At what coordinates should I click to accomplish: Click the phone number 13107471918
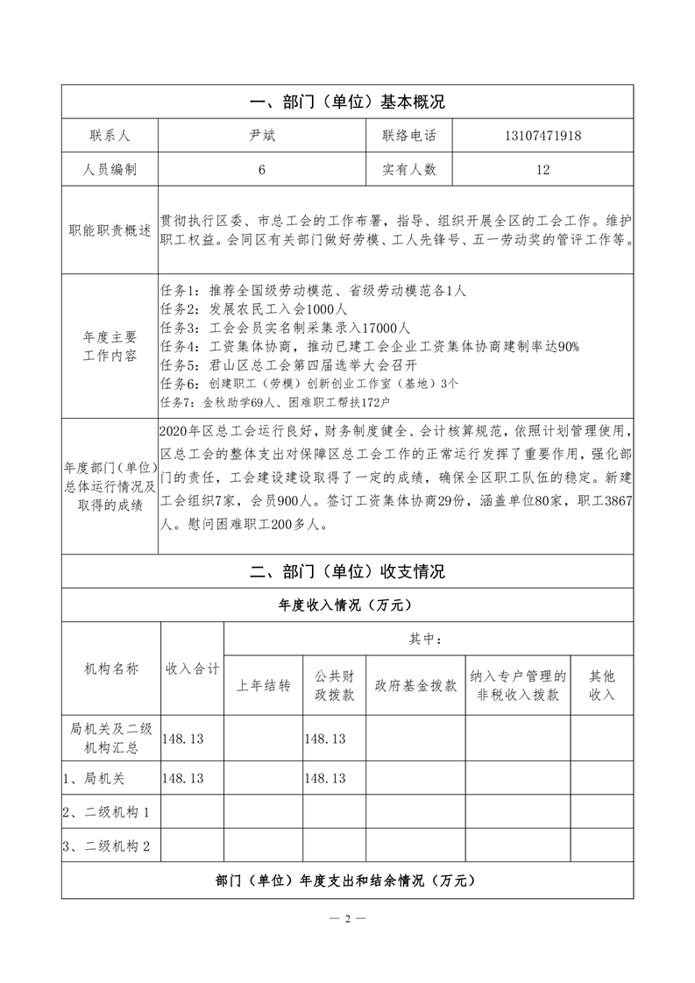coord(543,136)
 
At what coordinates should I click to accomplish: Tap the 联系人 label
coord(110,136)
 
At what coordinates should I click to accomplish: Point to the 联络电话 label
coord(408,136)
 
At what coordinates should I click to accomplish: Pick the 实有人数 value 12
coord(543,169)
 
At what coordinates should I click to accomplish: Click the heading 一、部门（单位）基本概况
coord(347,102)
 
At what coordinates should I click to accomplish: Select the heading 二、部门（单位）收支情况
coord(347,571)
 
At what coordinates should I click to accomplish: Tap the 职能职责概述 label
coord(110,230)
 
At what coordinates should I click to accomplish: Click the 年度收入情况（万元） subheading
coord(347,605)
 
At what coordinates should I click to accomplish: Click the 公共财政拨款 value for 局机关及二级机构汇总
coord(325,739)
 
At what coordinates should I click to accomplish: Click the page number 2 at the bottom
coord(347,919)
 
